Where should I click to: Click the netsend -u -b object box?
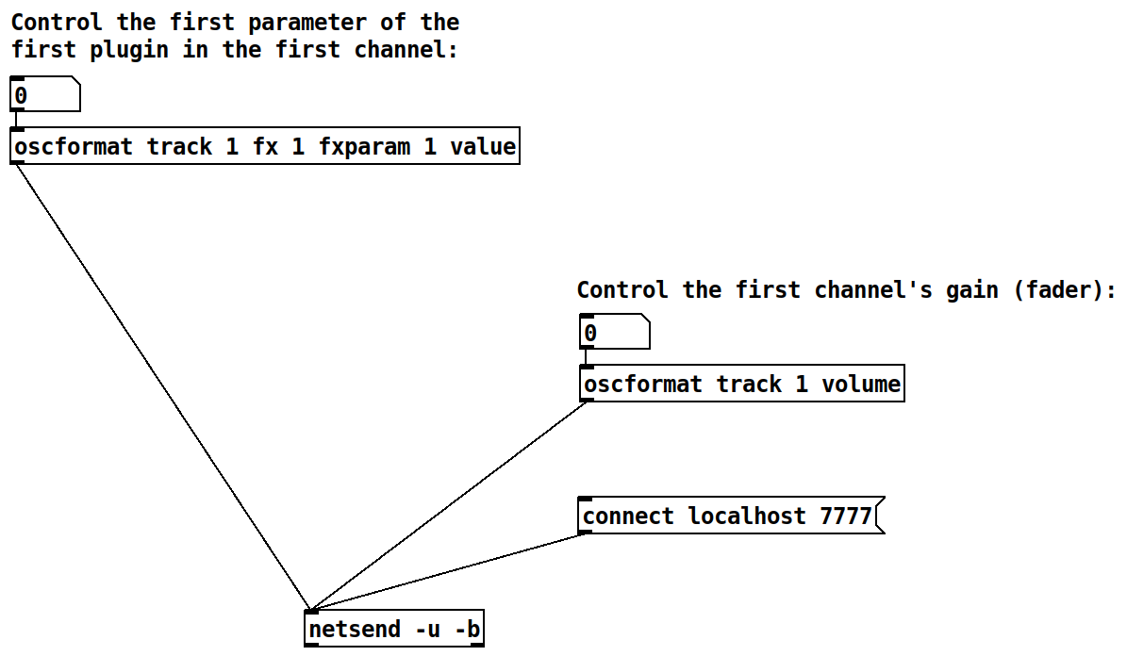point(394,629)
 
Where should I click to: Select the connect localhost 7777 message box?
point(727,517)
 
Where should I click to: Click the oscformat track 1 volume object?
point(741,384)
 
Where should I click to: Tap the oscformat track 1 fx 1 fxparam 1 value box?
point(265,147)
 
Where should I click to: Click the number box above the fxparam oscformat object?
point(44,95)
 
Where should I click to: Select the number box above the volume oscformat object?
point(614,333)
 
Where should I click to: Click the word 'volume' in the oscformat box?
point(860,384)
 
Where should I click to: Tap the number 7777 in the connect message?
point(845,517)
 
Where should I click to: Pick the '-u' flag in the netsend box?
point(427,629)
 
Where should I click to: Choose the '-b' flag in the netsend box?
point(467,629)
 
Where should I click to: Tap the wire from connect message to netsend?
point(448,572)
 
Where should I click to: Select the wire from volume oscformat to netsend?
point(448,506)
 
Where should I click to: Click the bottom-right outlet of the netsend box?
point(477,645)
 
